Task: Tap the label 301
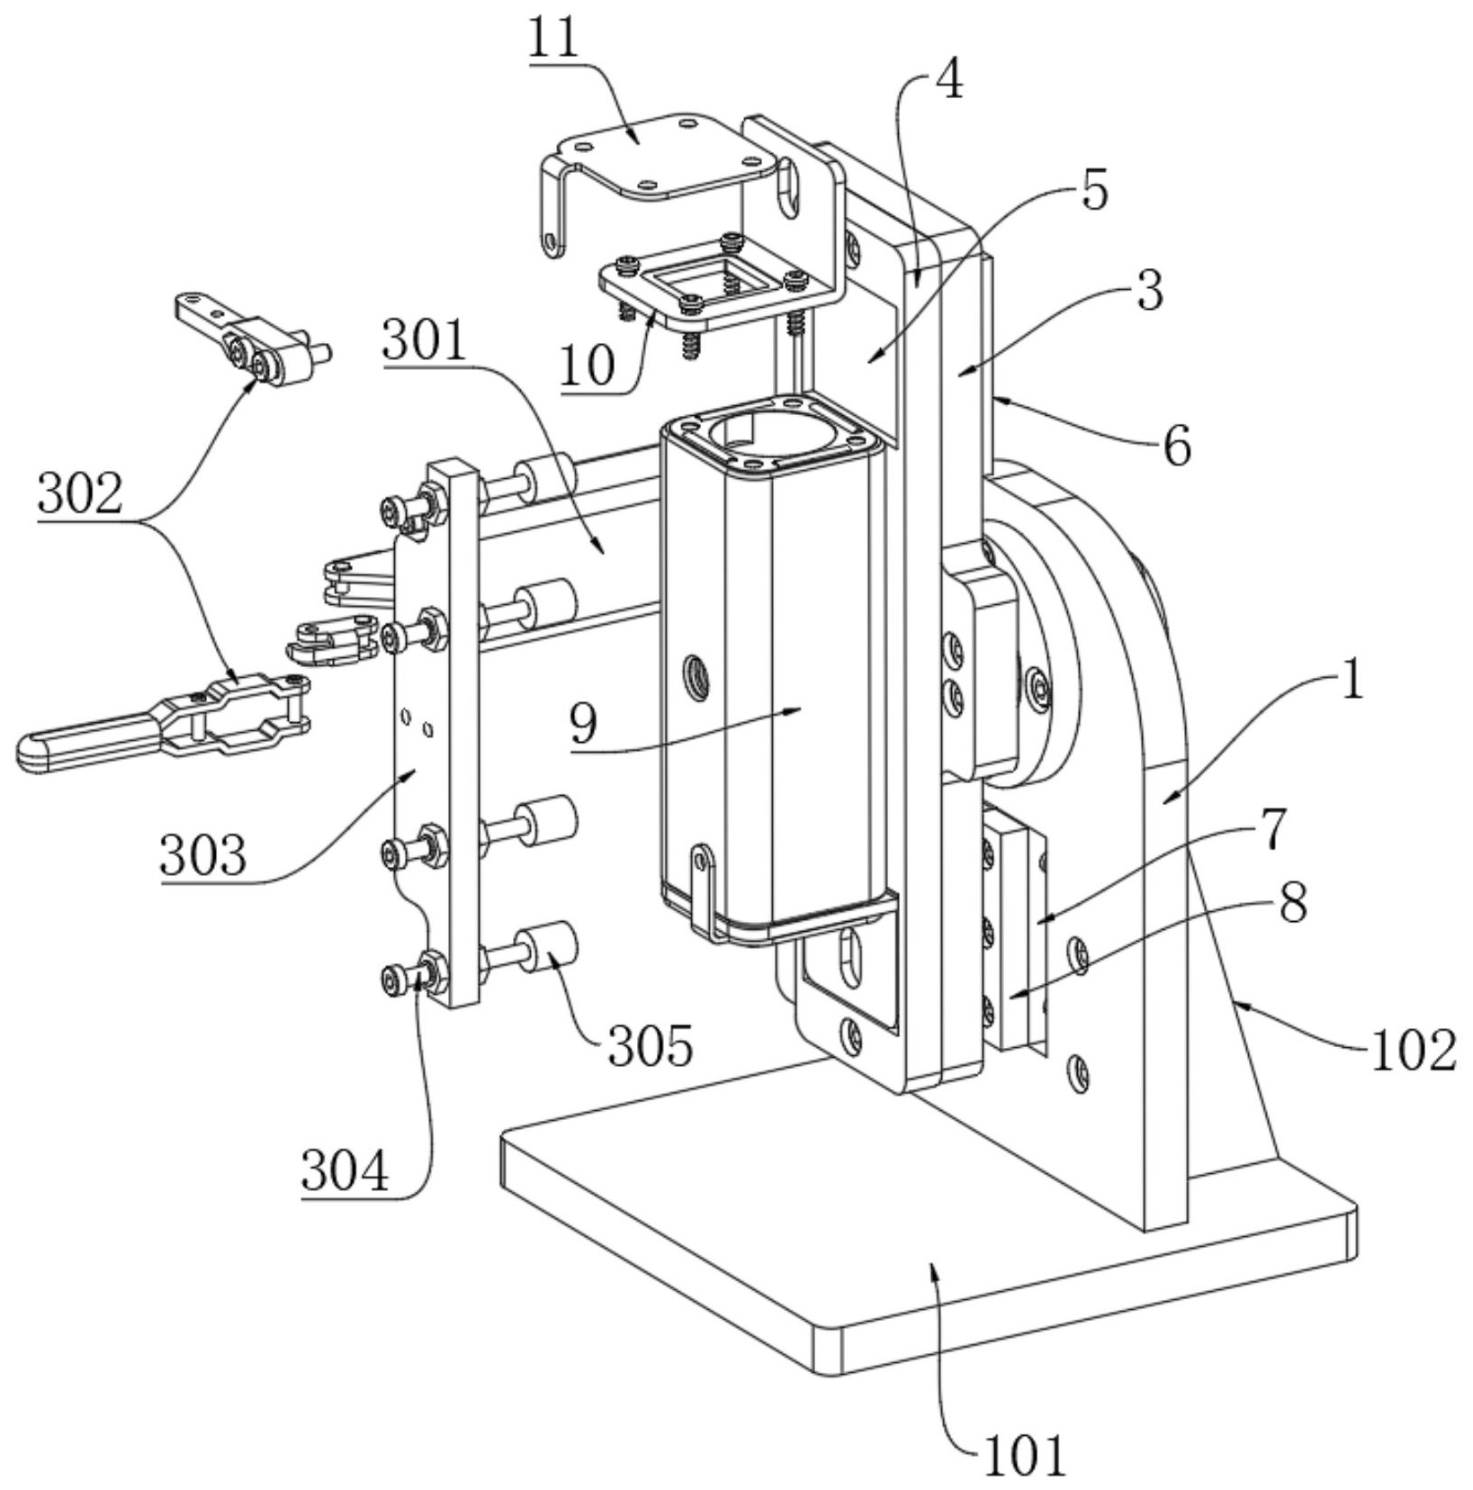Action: point(426,341)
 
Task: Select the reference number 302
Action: point(80,495)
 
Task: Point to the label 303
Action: point(202,854)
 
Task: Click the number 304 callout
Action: point(345,1171)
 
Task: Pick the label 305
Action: point(651,1046)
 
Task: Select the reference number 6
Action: point(1177,447)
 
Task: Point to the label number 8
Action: point(1293,903)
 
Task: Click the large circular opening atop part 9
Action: point(760,431)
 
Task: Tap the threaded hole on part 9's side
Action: point(696,669)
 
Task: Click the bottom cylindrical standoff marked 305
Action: point(551,948)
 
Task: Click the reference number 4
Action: point(948,81)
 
